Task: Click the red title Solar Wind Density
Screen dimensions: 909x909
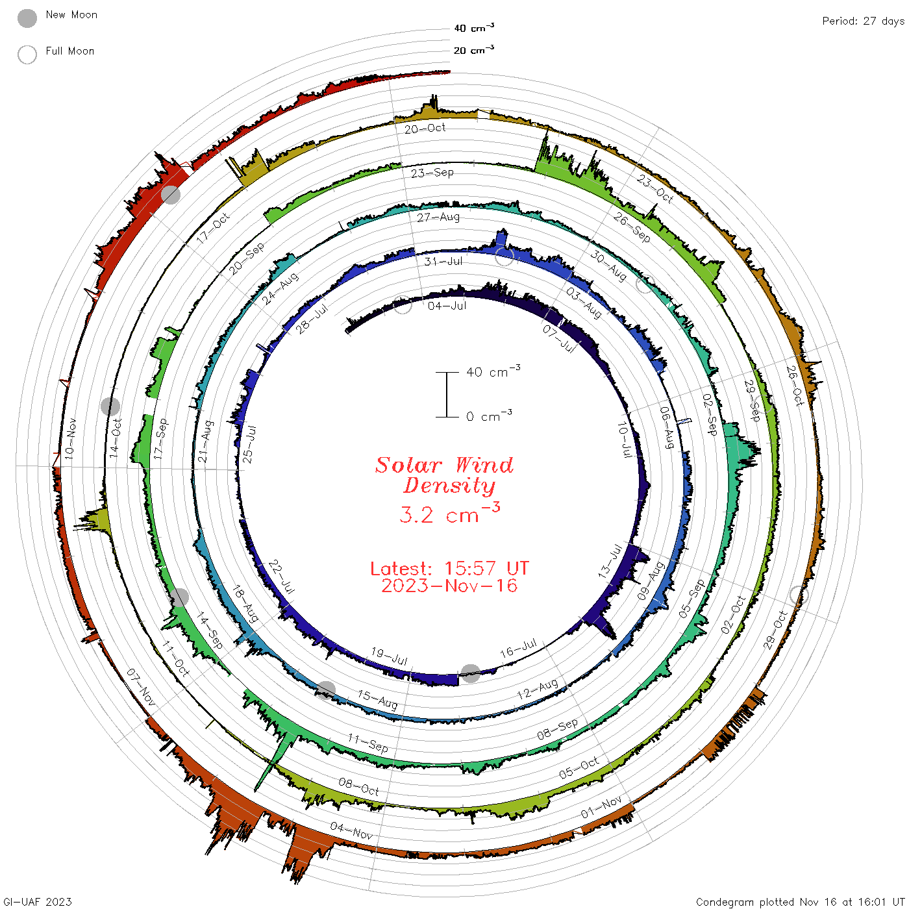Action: point(444,475)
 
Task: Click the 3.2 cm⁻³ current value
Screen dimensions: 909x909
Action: point(449,514)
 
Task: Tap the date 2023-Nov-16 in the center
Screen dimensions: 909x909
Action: point(449,586)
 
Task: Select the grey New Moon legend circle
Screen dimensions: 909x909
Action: point(27,18)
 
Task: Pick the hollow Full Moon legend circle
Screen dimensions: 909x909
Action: point(27,55)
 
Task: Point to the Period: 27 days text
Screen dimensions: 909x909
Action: point(864,21)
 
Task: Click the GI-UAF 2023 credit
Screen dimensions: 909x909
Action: point(37,901)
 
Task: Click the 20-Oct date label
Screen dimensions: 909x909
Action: point(425,129)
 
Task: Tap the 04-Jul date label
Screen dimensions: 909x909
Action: point(447,306)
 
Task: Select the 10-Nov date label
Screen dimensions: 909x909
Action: point(69,439)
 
